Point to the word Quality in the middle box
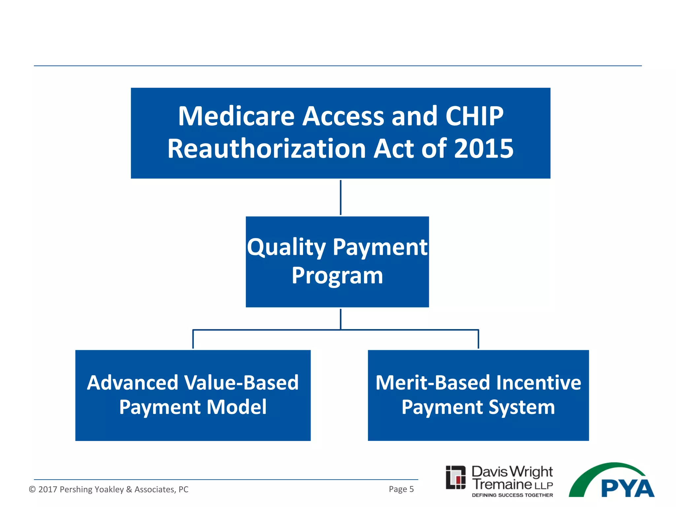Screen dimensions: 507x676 pyautogui.click(x=286, y=248)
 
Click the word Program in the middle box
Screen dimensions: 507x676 pyautogui.click(x=337, y=276)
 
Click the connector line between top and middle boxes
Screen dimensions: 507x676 pyautogui.click(x=341, y=197)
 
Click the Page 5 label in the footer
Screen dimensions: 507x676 pyautogui.click(x=401, y=489)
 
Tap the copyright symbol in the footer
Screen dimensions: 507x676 pyautogui.click(x=32, y=489)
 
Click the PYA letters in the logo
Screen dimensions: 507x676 pyautogui.click(x=627, y=489)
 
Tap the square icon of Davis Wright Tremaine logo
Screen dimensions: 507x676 pyautogui.click(x=456, y=477)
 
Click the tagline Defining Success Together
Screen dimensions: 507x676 pyautogui.click(x=512, y=495)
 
